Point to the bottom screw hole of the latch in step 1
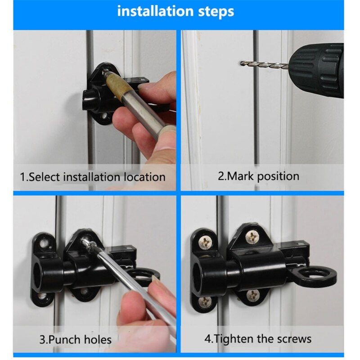tap(105, 118)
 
